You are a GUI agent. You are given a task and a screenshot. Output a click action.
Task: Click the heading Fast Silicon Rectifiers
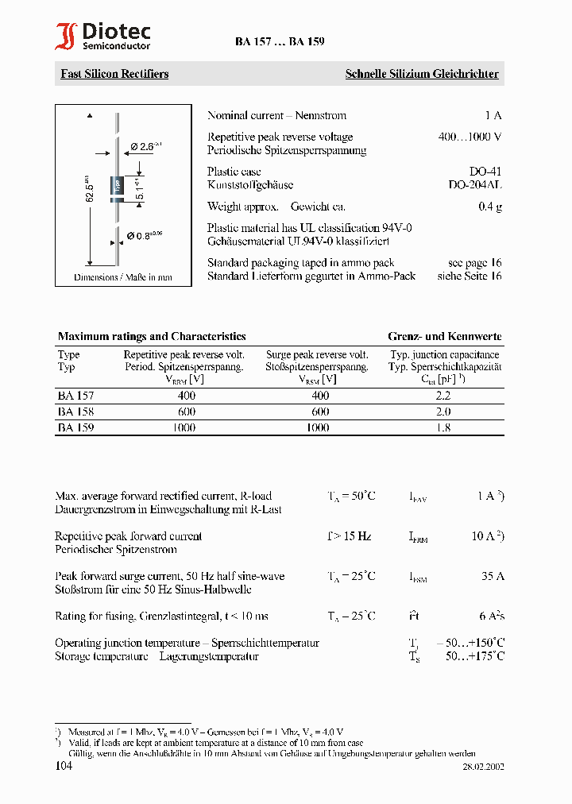point(114,74)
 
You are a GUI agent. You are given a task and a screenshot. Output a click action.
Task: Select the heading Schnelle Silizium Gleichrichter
point(422,74)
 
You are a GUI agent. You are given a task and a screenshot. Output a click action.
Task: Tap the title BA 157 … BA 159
point(279,42)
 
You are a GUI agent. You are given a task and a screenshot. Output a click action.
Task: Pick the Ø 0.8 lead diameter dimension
point(145,235)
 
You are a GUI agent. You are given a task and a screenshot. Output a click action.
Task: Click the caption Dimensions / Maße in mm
point(123,277)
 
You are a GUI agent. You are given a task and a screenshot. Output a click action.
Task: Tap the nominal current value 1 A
point(493,116)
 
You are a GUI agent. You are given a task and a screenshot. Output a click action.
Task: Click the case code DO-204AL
point(474,184)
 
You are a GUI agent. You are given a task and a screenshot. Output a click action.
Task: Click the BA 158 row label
point(76,412)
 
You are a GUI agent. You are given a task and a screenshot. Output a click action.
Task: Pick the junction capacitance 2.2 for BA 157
point(443,396)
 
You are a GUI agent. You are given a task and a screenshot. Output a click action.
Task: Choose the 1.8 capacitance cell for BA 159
point(443,427)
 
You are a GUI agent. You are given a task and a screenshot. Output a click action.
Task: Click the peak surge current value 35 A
point(493,576)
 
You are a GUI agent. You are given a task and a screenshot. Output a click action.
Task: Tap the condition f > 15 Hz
point(349,536)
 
